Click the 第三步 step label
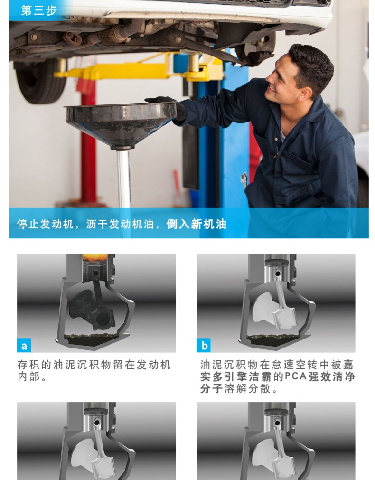pyautogui.click(x=39, y=10)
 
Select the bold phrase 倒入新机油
pyautogui.click(x=197, y=224)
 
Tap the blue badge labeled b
pyautogui.click(x=204, y=345)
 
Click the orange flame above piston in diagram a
pyautogui.click(x=95, y=257)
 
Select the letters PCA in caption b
pyautogui.click(x=296, y=376)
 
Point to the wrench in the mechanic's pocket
pyautogui.click(x=244, y=179)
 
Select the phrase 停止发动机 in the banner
pyautogui.click(x=45, y=224)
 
